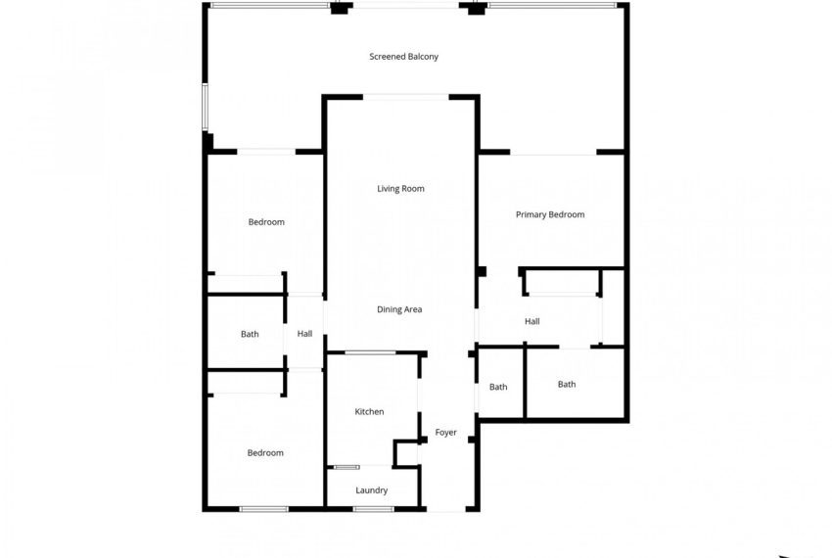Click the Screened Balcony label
point(403,57)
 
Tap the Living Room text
point(400,189)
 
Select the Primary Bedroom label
point(550,214)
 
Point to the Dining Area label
point(399,309)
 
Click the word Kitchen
point(369,412)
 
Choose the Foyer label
point(445,433)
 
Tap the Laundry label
point(372,490)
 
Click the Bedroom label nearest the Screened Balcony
point(266,222)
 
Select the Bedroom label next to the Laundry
point(265,453)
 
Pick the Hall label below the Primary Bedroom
point(532,321)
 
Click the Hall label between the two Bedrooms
point(305,334)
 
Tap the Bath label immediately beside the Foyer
point(498,387)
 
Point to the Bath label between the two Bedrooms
point(250,334)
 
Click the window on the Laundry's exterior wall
point(373,509)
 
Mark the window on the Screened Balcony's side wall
point(206,107)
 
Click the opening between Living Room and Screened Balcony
point(406,96)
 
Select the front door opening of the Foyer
point(446,510)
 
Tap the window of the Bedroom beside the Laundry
point(264,509)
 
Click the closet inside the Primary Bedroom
point(563,282)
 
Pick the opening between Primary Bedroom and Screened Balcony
point(553,153)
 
